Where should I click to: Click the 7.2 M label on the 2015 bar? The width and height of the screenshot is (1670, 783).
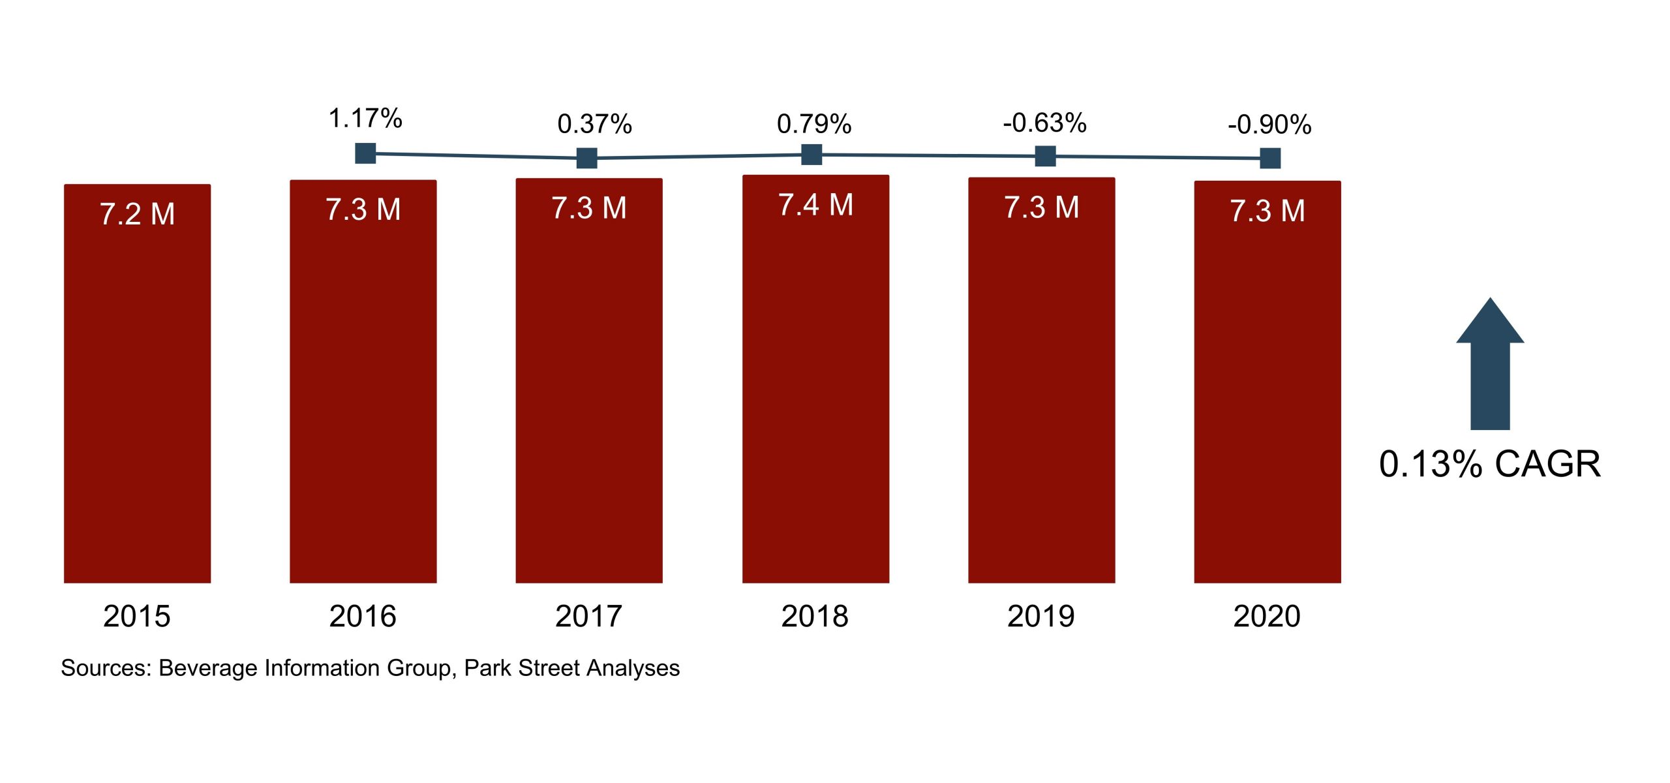[137, 214]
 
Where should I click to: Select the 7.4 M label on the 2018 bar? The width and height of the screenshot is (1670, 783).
[815, 205]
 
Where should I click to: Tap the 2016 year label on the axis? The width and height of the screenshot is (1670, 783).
[363, 616]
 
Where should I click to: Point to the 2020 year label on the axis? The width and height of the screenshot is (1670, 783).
[1267, 616]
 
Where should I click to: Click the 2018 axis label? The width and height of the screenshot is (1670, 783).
[815, 616]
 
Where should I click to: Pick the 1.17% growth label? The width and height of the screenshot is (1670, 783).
[365, 119]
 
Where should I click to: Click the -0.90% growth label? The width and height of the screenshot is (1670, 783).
[1269, 125]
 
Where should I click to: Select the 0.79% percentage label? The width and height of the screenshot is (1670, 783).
[814, 124]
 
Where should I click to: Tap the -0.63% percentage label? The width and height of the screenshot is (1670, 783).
[1044, 123]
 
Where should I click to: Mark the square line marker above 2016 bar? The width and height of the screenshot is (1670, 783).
[365, 153]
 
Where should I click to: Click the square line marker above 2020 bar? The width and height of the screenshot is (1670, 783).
[1270, 158]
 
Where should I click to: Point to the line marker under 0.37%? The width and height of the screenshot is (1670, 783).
[586, 158]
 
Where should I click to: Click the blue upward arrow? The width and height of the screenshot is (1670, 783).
[1490, 365]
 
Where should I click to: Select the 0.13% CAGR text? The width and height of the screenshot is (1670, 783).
[1490, 464]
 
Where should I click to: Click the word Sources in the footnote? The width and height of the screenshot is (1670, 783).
[106, 668]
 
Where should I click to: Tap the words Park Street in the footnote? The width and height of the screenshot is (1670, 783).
[521, 668]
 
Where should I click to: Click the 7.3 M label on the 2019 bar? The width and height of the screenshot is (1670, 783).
[1041, 207]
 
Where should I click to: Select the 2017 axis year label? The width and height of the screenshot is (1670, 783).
[588, 616]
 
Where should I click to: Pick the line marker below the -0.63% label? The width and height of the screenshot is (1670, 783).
[1045, 156]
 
